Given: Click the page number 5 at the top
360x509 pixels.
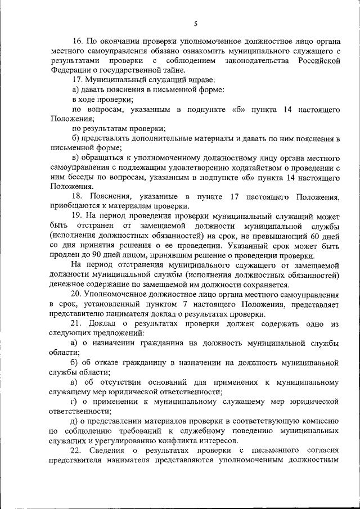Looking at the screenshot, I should pyautogui.click(x=195, y=23).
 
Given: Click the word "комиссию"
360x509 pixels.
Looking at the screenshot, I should pyautogui.click(x=321, y=421).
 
